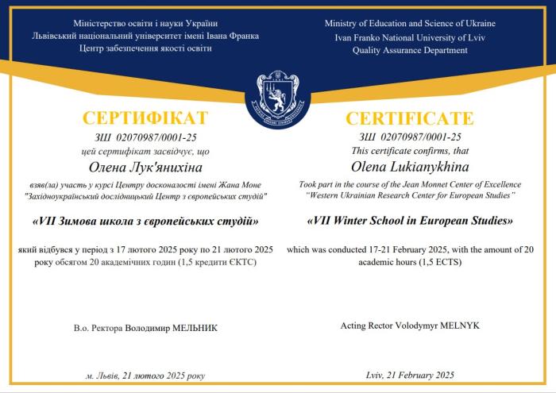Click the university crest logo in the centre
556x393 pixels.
pyautogui.click(x=277, y=98)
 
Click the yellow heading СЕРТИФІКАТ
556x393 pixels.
pyautogui.click(x=145, y=119)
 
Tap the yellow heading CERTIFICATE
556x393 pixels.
pyautogui.click(x=410, y=119)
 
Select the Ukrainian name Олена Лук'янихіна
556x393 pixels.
pyautogui.click(x=146, y=167)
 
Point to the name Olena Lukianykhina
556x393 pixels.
pyautogui.click(x=410, y=166)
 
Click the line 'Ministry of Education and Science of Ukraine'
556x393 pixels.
pyautogui.click(x=410, y=24)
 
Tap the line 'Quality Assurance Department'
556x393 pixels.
pyautogui.click(x=410, y=50)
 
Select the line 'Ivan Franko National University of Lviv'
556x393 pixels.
pyautogui.click(x=410, y=37)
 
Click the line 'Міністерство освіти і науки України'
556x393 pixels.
pyautogui.click(x=145, y=24)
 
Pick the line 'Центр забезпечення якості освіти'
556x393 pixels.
pyautogui.click(x=145, y=49)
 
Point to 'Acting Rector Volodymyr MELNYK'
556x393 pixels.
pyautogui.click(x=410, y=326)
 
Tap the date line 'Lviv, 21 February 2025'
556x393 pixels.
pyautogui.click(x=410, y=375)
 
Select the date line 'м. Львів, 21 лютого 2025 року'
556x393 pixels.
pyautogui.click(x=145, y=376)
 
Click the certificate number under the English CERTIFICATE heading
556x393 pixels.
pyautogui.click(x=410, y=137)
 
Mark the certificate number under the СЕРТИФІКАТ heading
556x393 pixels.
pyautogui.click(x=145, y=137)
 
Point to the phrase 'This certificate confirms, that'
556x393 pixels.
pyautogui.click(x=410, y=150)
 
